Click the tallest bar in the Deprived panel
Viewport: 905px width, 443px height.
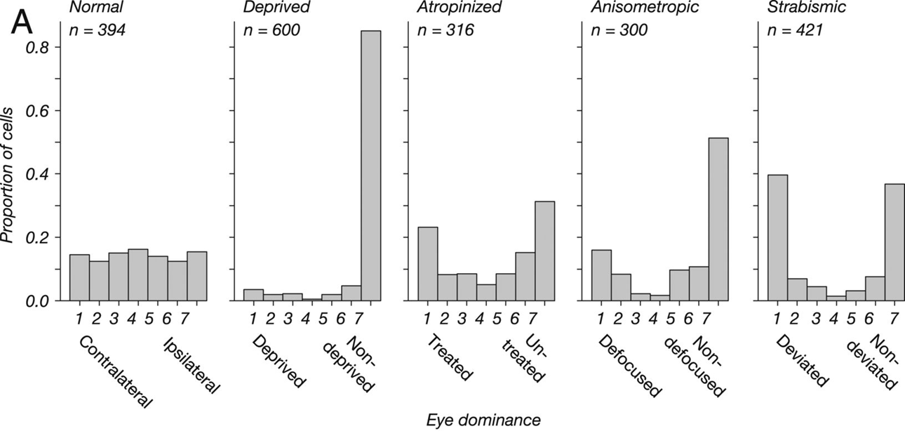coord(370,166)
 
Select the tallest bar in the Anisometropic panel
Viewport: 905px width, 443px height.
coord(718,219)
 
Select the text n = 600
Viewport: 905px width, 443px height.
coord(271,31)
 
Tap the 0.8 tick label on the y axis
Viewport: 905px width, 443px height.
coord(39,48)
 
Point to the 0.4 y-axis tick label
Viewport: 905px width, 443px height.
coord(39,174)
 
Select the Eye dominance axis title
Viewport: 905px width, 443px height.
coord(483,421)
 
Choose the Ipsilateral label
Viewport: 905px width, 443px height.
coord(192,365)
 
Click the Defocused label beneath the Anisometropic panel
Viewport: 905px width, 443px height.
coord(629,366)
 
